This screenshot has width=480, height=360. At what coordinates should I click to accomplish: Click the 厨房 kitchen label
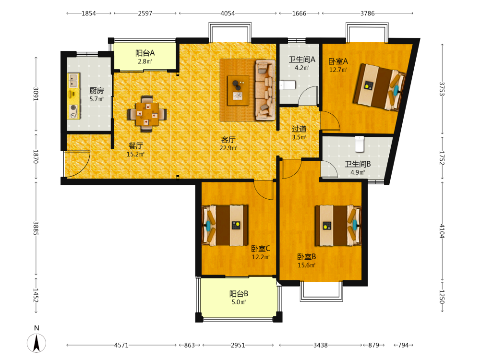(x=96, y=91)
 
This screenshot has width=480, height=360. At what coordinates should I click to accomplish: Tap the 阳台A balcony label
(x=145, y=53)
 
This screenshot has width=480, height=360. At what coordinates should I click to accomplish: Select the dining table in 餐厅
(x=147, y=114)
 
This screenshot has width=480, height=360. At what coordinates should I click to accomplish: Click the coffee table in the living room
(x=238, y=91)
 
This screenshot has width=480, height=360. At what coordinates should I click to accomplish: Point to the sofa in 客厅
(x=265, y=90)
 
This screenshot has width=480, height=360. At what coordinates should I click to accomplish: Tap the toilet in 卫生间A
(x=288, y=85)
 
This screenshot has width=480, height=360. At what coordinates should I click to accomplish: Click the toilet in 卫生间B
(x=360, y=144)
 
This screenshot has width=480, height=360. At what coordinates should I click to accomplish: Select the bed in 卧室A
(x=380, y=87)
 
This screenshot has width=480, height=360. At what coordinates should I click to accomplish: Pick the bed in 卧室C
(x=225, y=226)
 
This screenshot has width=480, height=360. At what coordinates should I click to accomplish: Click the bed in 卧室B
(x=338, y=226)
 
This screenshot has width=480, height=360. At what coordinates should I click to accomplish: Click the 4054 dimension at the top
(x=228, y=13)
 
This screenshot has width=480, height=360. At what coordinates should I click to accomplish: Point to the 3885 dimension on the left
(x=36, y=228)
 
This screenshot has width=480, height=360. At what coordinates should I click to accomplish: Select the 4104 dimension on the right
(x=442, y=230)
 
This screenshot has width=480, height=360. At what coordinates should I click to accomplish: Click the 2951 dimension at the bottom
(x=238, y=345)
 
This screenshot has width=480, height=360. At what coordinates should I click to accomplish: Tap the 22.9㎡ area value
(x=228, y=148)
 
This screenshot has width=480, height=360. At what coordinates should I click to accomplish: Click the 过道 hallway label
(x=299, y=129)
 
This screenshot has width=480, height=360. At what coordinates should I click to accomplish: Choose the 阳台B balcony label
(x=239, y=294)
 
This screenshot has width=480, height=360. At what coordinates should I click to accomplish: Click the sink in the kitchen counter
(x=73, y=81)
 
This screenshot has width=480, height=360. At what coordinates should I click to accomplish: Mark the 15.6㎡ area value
(x=306, y=265)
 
